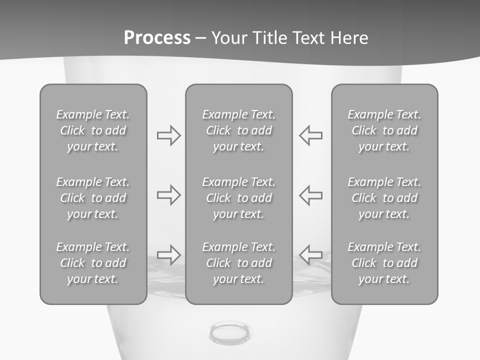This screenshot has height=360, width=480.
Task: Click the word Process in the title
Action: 157,38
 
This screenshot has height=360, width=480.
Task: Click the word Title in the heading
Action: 269,38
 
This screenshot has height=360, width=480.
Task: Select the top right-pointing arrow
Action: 169,135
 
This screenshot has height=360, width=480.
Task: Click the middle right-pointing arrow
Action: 169,195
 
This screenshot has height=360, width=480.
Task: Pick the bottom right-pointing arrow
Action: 169,254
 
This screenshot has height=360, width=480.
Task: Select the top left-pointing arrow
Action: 310,135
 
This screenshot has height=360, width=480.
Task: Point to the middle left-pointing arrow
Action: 310,195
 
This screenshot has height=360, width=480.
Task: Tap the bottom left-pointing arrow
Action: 310,254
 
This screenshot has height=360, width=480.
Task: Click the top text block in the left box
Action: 93,130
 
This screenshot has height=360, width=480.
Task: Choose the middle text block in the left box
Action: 93,198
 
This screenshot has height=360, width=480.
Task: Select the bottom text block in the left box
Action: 93,263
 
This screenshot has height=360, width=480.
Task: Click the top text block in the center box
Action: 239,130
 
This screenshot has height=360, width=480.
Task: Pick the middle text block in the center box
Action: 239,198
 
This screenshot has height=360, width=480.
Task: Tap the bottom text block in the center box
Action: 239,263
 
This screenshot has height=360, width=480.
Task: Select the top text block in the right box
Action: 384,130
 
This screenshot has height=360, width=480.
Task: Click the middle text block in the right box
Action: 384,198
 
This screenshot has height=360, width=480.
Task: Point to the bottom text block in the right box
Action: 384,263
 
